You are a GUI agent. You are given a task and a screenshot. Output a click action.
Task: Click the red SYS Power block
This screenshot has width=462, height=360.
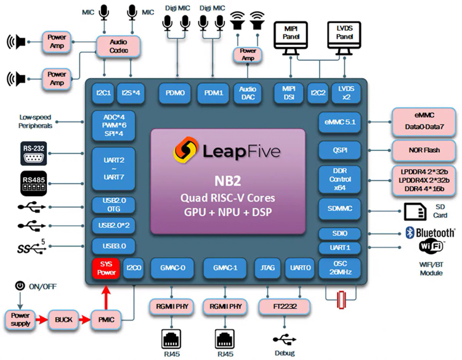coord(107,268)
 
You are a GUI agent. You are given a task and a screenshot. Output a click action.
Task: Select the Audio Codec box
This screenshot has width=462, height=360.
coord(119,45)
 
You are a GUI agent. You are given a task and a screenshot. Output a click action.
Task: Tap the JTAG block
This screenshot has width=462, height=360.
coord(267,268)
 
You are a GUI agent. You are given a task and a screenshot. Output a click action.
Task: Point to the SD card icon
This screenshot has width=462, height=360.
coord(414,213)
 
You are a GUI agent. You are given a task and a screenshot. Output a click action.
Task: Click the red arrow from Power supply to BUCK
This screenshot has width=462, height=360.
coord(41,319)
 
